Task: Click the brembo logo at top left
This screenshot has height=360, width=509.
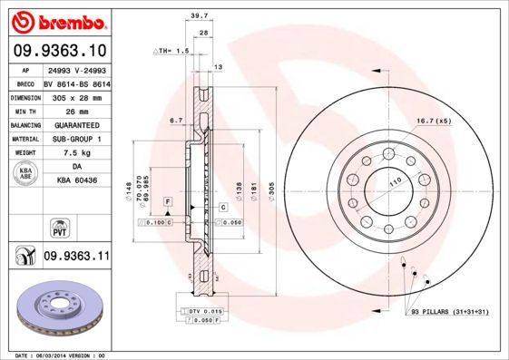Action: point(56,20)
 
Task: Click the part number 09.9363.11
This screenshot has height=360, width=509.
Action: point(76,258)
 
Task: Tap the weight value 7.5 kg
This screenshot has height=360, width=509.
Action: point(76,153)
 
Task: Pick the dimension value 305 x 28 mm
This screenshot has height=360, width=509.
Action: point(76,95)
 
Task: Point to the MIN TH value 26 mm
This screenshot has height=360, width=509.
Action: point(76,110)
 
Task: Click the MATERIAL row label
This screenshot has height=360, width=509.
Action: point(24,139)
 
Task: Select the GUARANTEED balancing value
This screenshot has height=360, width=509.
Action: point(76,124)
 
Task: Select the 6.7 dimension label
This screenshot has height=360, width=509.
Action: point(177,120)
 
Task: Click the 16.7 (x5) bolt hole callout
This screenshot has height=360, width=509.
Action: point(434,120)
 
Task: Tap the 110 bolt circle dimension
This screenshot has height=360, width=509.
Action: point(395,183)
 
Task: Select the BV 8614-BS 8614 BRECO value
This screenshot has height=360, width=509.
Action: point(76,82)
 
